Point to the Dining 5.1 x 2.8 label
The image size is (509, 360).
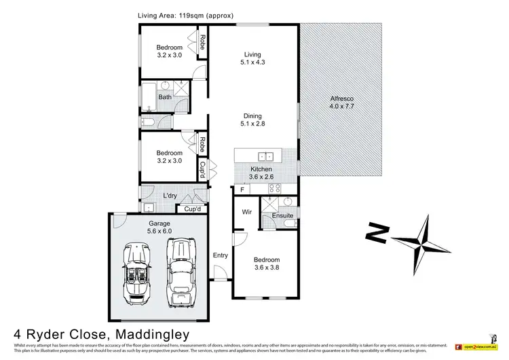[x=252, y=120]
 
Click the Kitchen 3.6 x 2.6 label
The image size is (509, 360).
[x=261, y=173]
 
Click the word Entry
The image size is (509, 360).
[x=221, y=255]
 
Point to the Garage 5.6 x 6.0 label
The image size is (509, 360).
[x=160, y=227]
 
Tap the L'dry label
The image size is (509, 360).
[x=170, y=196]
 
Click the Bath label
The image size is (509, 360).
[x=165, y=97]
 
